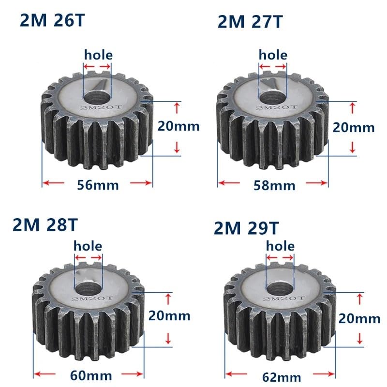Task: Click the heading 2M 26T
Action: click(56, 21)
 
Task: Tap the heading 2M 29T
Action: click(246, 228)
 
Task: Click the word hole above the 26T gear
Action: click(98, 55)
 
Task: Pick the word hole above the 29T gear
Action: click(281, 246)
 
